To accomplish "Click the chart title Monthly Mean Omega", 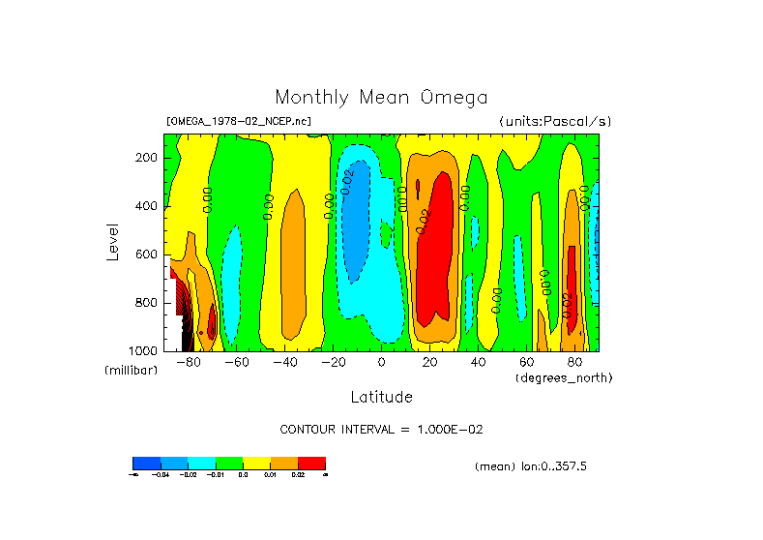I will click(381, 97).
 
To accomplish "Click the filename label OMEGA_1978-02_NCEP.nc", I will click(239, 122).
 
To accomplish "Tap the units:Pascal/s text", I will click(555, 122).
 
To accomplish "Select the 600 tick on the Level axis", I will click(147, 255).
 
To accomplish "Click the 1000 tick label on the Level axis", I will click(144, 350).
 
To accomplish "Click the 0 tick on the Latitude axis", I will click(381, 362).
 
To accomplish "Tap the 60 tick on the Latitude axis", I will click(526, 362).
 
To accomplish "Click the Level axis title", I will click(114, 242).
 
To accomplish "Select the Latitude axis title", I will click(381, 397).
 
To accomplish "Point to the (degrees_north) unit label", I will click(563, 376).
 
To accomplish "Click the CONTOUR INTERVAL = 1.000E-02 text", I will click(381, 429).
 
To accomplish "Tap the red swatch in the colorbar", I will click(311, 463).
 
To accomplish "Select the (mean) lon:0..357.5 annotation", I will click(530, 466).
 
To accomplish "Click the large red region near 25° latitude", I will click(440, 252).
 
